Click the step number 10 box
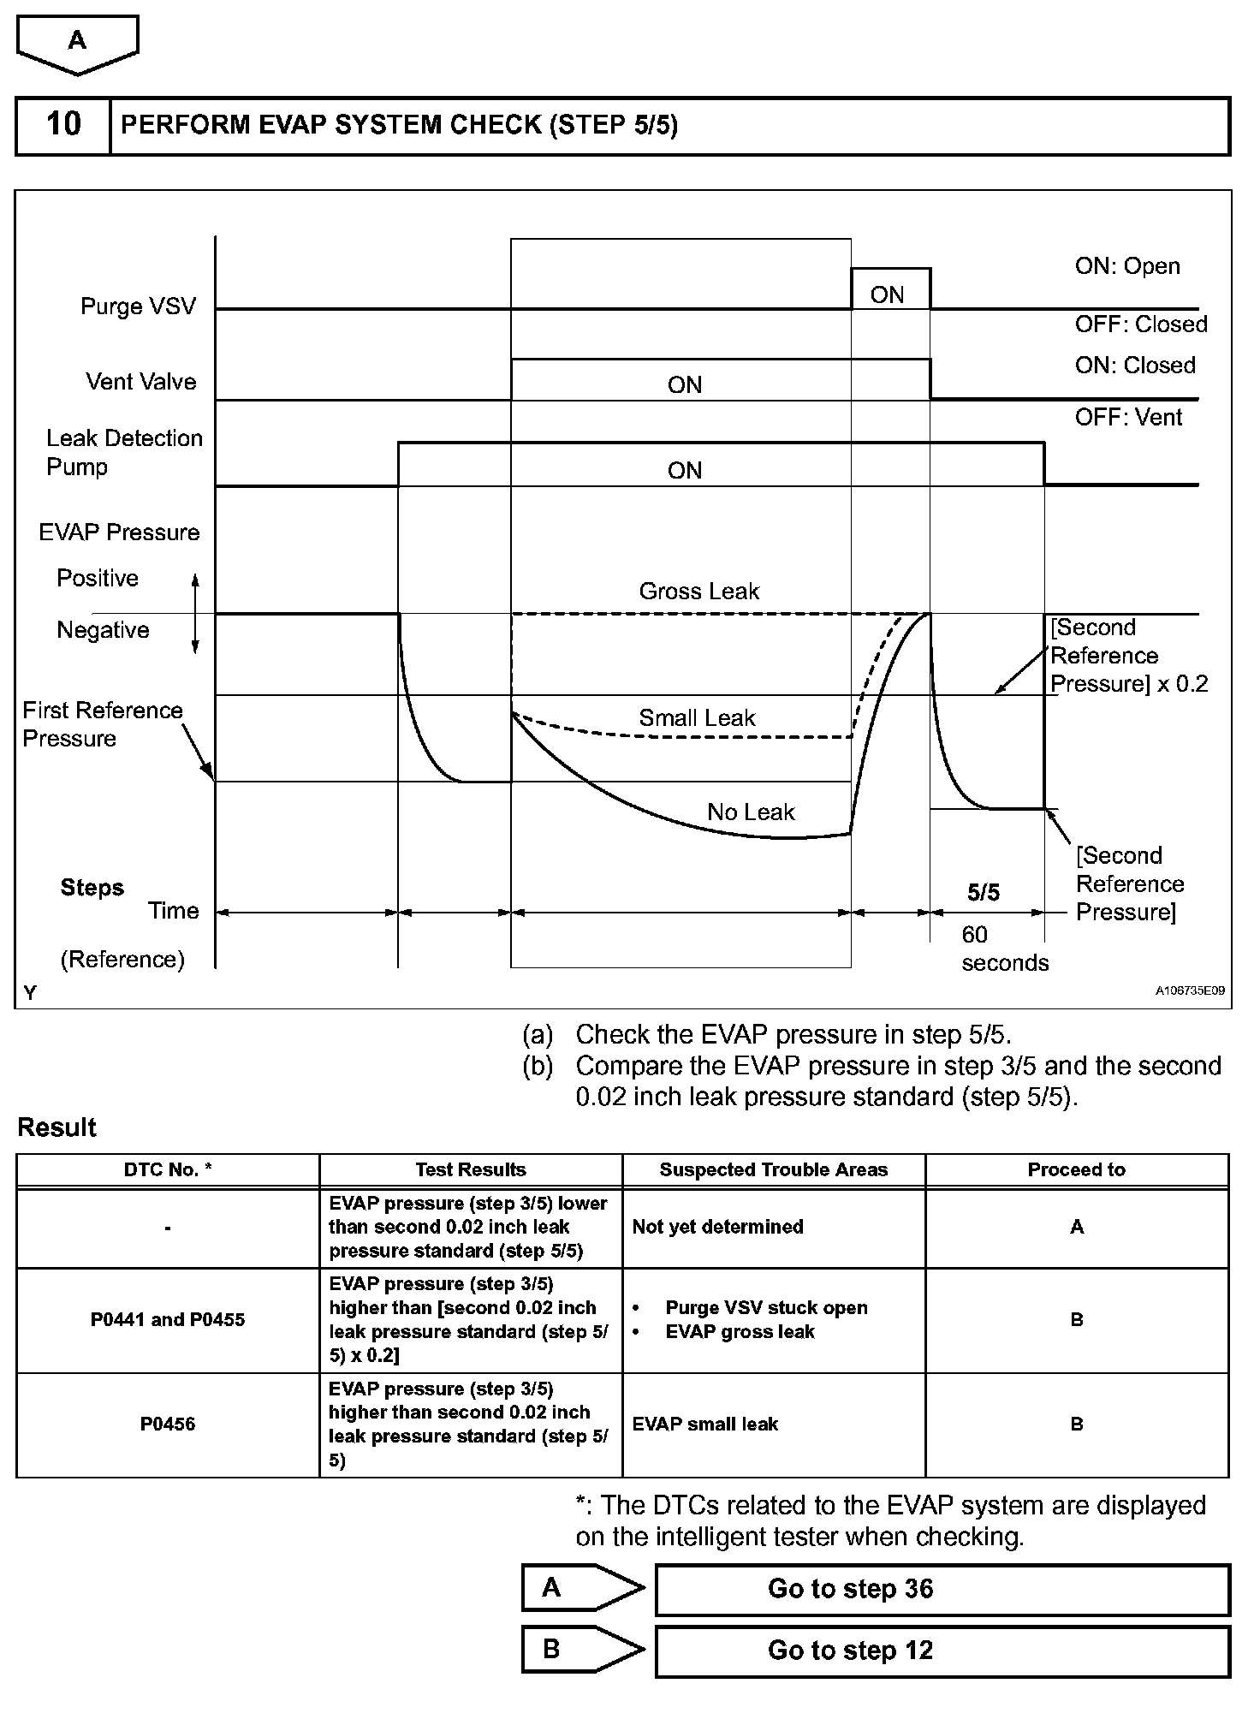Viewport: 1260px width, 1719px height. click(x=63, y=125)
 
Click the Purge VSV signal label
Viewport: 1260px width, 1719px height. click(x=138, y=306)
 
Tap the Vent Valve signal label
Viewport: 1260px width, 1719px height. click(x=140, y=382)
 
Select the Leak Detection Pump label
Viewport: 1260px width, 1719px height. click(x=124, y=453)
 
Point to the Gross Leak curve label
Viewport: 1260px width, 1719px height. click(x=698, y=592)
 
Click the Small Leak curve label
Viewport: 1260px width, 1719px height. click(x=697, y=718)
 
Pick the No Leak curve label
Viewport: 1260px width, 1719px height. click(x=751, y=812)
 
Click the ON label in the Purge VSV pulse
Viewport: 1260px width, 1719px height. click(x=887, y=295)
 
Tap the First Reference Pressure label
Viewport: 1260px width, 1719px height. click(x=102, y=724)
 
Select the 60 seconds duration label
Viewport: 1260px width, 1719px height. click(x=1004, y=949)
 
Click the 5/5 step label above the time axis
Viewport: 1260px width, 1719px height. click(x=983, y=893)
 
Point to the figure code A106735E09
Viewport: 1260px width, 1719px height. click(x=1189, y=990)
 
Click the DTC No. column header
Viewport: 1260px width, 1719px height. click(x=168, y=1170)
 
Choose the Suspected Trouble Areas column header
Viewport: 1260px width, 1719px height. click(x=773, y=1170)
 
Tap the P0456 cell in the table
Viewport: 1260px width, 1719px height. click(x=168, y=1425)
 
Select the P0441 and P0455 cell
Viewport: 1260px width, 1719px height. click(x=168, y=1320)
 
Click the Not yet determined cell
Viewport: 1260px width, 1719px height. click(x=717, y=1227)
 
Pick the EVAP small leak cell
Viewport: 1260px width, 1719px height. click(x=705, y=1425)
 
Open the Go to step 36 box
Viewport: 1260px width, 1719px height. click(x=942, y=1590)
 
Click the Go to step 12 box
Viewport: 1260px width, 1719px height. click(x=942, y=1651)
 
